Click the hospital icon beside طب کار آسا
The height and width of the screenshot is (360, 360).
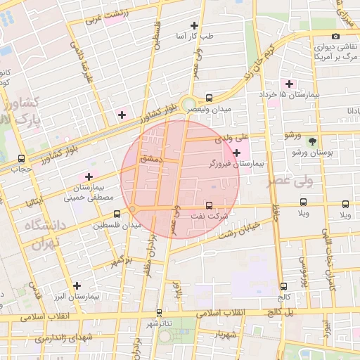[x=195, y=25]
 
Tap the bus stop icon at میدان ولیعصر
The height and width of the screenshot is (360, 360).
[x=209, y=98]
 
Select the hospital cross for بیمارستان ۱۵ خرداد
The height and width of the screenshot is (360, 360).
[x=289, y=84]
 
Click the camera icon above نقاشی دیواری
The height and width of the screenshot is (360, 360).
[x=335, y=37]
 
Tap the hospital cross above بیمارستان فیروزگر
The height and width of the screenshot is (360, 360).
[x=236, y=153]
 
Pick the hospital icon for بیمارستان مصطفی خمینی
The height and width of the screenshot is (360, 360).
[x=89, y=176]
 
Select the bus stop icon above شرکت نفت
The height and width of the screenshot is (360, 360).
[x=208, y=205]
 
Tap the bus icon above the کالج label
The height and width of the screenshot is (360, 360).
[x=283, y=286]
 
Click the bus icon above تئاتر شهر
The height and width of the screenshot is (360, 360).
[x=159, y=313]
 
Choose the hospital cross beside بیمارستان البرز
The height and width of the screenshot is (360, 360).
[x=77, y=285]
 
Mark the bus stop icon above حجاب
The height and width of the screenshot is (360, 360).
[x=21, y=158]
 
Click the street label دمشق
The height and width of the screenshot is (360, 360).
[x=150, y=160]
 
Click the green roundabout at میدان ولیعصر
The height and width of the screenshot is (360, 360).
[x=189, y=104]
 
